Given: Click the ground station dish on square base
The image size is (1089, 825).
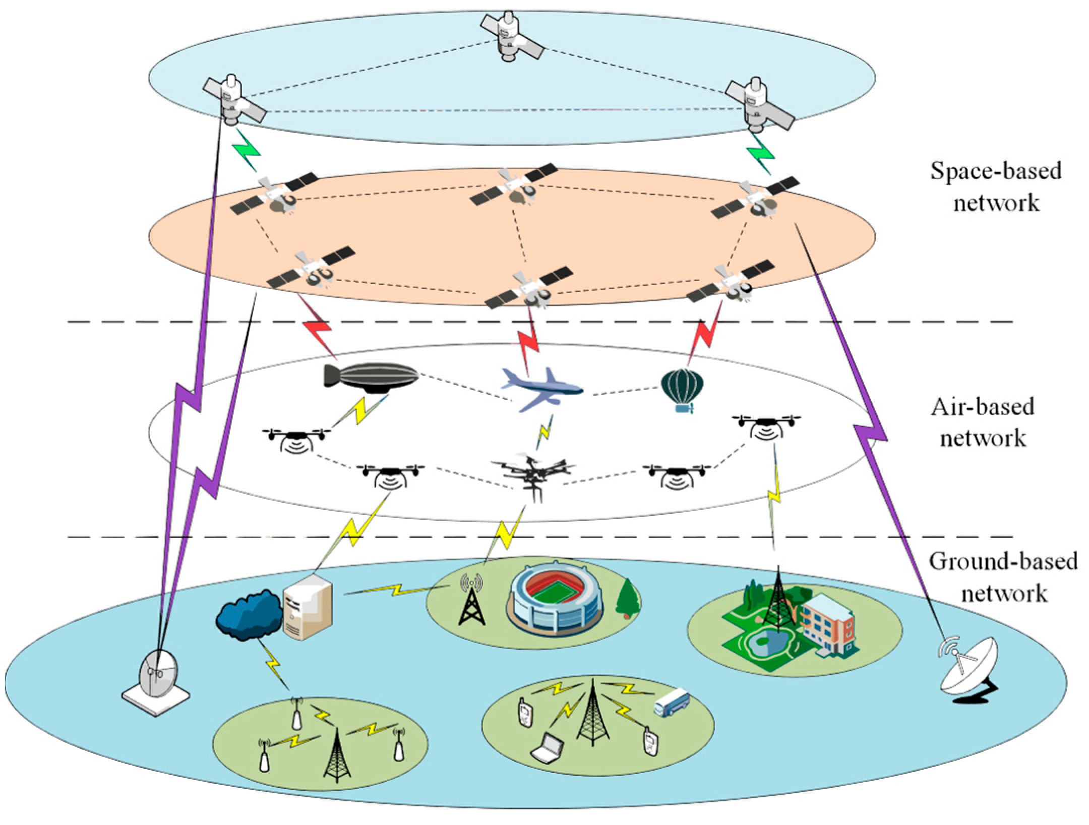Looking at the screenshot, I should click(157, 681).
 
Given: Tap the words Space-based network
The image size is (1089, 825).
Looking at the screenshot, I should click(996, 187).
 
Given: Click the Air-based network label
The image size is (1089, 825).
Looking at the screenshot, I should click(983, 422).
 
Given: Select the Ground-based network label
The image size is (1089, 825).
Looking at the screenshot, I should click(1003, 577).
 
